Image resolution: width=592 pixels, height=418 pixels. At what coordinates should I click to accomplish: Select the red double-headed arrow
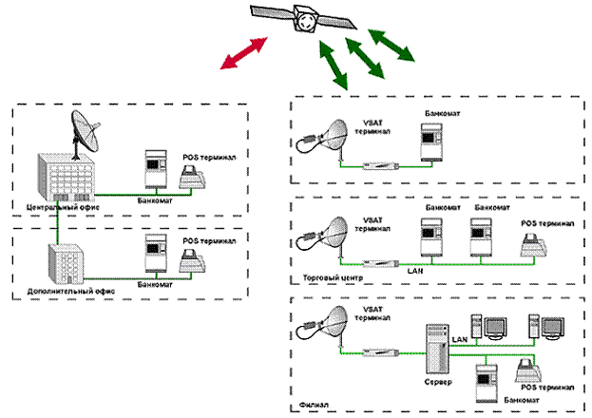click(243, 53)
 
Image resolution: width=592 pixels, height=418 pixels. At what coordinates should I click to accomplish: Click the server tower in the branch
click(437, 347)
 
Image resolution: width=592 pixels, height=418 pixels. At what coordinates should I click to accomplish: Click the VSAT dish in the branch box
click(329, 329)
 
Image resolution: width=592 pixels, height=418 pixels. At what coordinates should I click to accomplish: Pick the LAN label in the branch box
click(460, 336)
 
